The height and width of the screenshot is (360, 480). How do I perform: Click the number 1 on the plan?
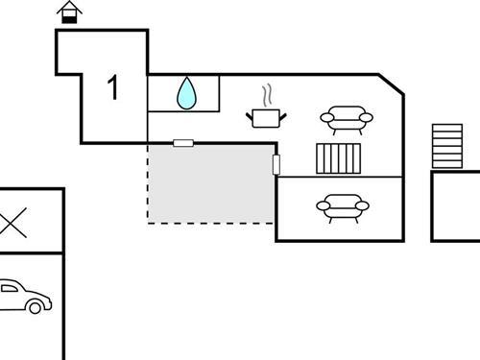[x=113, y=88]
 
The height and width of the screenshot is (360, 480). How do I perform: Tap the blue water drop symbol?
[x=186, y=93]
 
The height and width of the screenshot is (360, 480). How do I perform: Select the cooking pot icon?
[x=266, y=117]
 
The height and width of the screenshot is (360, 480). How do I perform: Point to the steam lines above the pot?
[x=269, y=96]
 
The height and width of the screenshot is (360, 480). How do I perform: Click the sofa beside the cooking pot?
[x=346, y=119]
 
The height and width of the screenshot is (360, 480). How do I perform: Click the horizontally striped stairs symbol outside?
[x=446, y=145]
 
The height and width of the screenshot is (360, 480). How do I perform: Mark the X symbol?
[x=12, y=224]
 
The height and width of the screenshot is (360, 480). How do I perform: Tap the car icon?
[x=21, y=297]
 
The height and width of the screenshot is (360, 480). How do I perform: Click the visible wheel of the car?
[x=36, y=307]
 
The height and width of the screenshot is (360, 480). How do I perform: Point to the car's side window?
[x=10, y=289]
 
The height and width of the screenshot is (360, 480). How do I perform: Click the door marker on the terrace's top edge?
[x=183, y=143]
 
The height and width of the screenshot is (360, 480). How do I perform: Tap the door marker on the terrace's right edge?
[x=276, y=164]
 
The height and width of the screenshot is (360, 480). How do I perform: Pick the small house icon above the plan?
[x=69, y=12]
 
